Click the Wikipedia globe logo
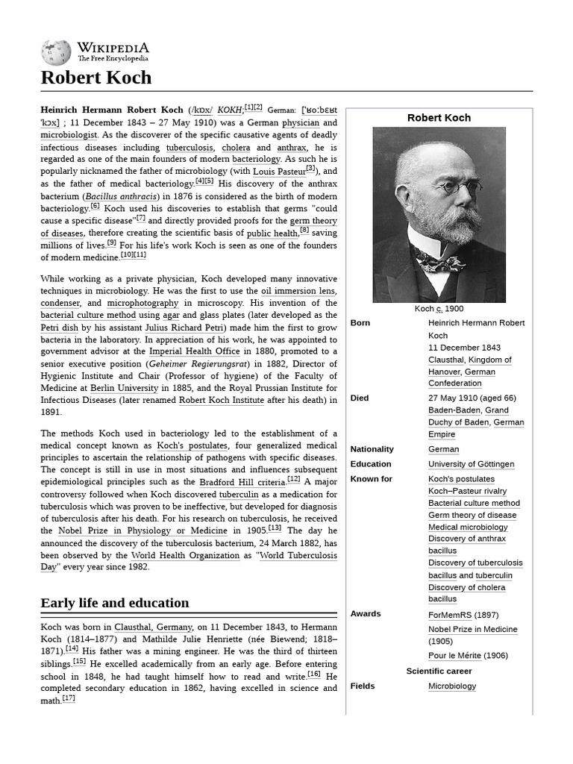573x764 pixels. (56, 51)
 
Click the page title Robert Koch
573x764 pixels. (96, 78)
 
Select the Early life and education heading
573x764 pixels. (115, 603)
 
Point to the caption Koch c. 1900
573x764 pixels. (439, 309)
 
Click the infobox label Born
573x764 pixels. (360, 323)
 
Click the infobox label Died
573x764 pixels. (360, 398)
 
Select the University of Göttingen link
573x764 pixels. (471, 464)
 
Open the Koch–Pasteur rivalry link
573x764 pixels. (467, 491)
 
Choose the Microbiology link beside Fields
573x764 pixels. (451, 686)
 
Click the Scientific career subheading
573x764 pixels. (439, 671)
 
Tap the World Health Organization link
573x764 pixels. (185, 555)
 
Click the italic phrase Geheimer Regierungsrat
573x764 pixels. (204, 364)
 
